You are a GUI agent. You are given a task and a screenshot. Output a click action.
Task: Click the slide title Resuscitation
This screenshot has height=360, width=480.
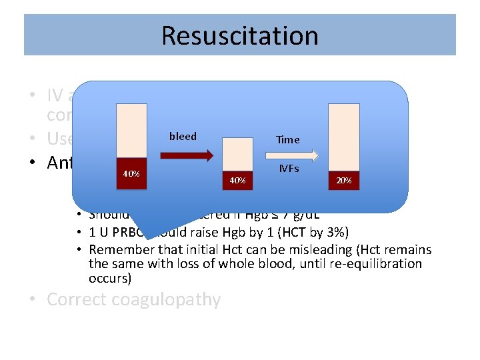240,35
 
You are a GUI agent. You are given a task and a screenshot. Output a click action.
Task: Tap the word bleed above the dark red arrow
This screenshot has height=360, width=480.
183,136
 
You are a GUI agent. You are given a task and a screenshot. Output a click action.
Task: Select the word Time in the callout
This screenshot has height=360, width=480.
288,140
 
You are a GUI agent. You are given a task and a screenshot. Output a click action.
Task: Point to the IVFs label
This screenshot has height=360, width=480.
288,169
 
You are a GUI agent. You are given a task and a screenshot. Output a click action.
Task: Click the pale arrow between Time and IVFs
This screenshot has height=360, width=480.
288,155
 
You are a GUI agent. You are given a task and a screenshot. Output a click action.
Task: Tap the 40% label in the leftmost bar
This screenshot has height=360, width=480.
131,173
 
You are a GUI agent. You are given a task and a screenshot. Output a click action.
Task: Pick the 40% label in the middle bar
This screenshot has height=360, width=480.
237,180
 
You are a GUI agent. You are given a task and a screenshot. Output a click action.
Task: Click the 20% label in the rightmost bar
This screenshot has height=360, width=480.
344,180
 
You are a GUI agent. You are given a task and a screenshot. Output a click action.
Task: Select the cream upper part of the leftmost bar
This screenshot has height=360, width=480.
131,130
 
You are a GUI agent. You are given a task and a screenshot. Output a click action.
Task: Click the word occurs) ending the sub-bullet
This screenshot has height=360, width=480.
110,277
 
